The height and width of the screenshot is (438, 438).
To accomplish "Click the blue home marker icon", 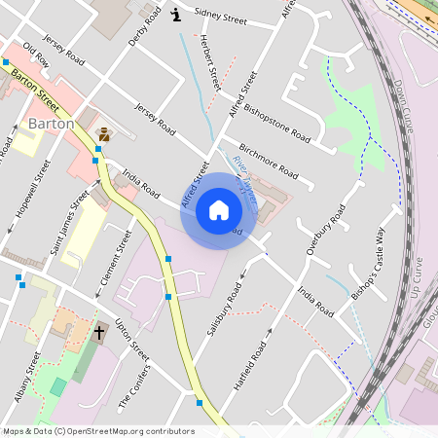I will coord(219,209).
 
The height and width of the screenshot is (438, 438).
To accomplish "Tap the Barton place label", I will coord(51,124).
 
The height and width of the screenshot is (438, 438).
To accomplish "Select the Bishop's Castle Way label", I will coord(369,258).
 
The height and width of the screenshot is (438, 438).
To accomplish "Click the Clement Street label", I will coord(116,260).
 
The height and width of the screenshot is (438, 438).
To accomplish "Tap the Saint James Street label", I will coord(69,225).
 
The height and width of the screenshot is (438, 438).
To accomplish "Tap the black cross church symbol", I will coord(98,332).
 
